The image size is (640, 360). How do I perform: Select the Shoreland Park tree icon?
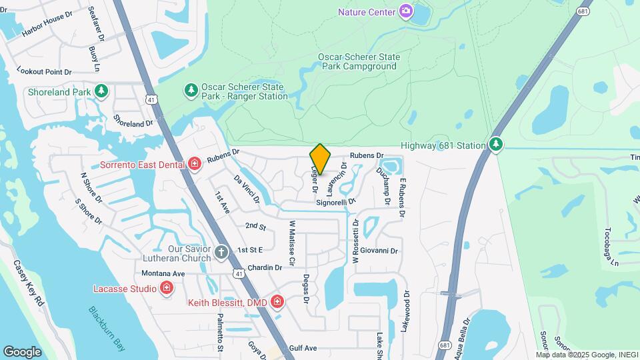point(101,91)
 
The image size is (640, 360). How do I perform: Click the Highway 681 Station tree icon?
point(495,145)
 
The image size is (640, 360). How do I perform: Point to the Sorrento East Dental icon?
point(195,164)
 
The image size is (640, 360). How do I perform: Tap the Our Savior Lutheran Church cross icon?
point(221,253)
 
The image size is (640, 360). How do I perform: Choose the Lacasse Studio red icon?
point(167,288)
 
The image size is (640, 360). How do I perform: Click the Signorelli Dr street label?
point(336,201)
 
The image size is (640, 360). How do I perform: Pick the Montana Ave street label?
point(163,273)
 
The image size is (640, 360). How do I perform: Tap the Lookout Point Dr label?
point(44,71)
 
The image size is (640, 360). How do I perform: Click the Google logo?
point(22,351)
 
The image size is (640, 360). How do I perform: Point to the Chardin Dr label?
point(265,267)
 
